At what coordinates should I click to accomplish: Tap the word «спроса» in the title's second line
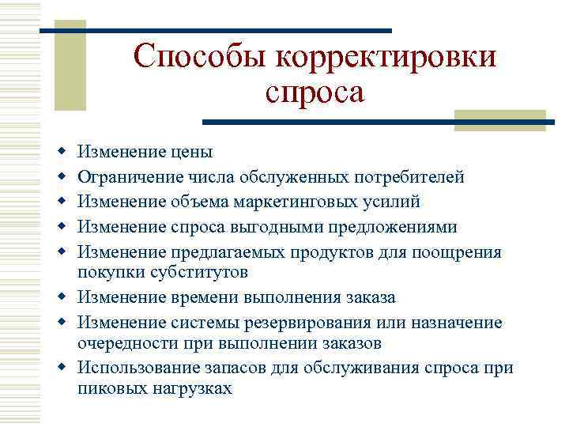tap(315, 93)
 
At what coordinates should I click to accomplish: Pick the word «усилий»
tap(392, 202)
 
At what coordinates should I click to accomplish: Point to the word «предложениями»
tap(400, 227)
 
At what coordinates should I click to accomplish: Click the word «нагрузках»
tap(187, 389)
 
